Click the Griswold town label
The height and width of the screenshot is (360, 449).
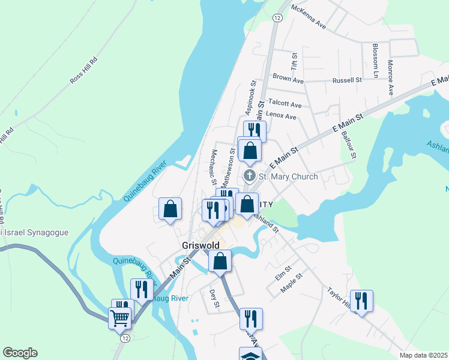(201, 246)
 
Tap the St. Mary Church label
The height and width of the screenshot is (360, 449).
(288, 176)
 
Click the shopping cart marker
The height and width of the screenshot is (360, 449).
(119, 318)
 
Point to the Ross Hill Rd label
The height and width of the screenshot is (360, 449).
(83, 71)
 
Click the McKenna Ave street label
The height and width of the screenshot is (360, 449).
(308, 17)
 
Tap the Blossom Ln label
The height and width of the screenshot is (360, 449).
(376, 61)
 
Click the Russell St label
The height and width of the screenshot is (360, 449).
(348, 79)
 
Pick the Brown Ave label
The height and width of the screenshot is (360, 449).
(288, 78)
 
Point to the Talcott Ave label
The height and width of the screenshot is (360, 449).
(285, 103)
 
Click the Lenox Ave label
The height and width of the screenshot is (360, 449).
(281, 116)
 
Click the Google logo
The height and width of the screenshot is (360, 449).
(20, 353)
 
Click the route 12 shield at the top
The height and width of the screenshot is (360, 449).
(277, 18)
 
